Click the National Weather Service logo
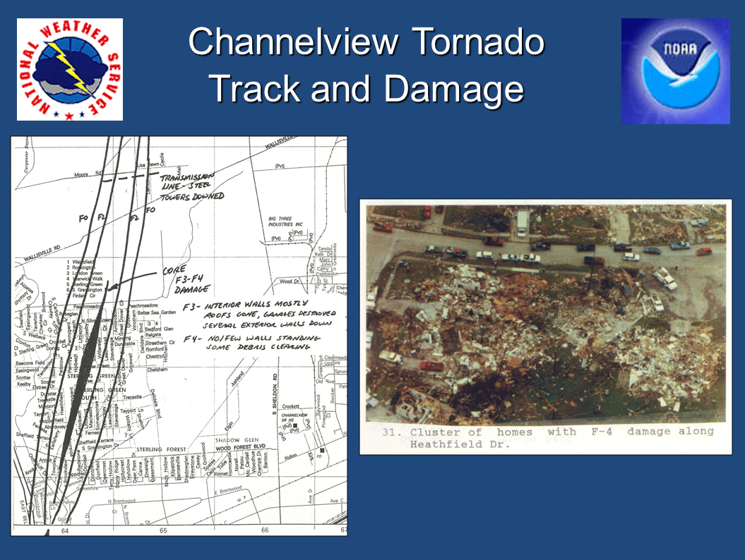point(69,69)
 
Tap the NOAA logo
point(675,71)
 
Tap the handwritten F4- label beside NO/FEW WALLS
point(191,338)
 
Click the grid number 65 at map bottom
point(162,530)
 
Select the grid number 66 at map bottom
point(265,530)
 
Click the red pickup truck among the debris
point(431,365)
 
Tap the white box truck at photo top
point(522,222)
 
